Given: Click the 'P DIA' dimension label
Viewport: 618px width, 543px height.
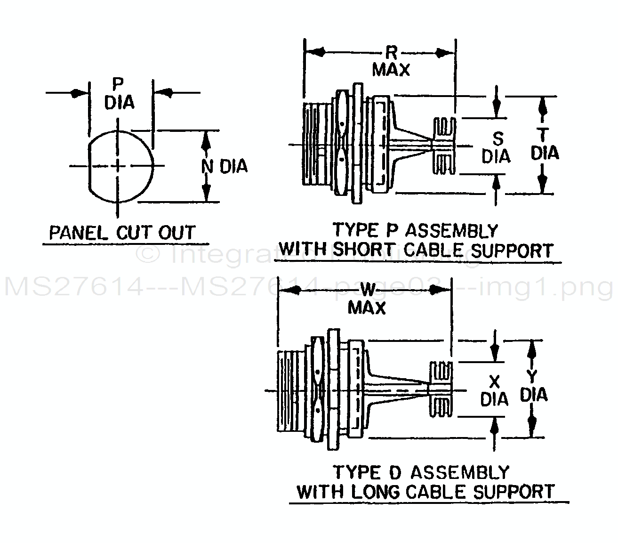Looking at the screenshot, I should (119, 94).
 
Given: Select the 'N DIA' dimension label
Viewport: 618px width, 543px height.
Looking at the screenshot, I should (224, 166).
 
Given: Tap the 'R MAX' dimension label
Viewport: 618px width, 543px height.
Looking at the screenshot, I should (391, 62).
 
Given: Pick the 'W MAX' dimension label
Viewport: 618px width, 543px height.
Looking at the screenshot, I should (367, 299).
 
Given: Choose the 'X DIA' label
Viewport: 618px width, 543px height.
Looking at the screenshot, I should (494, 391).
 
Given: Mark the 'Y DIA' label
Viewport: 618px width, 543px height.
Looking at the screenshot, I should (534, 386).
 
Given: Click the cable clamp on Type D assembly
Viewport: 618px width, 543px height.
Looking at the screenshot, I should (441, 390).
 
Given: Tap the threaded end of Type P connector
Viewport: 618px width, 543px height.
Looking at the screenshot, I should (311, 145).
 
